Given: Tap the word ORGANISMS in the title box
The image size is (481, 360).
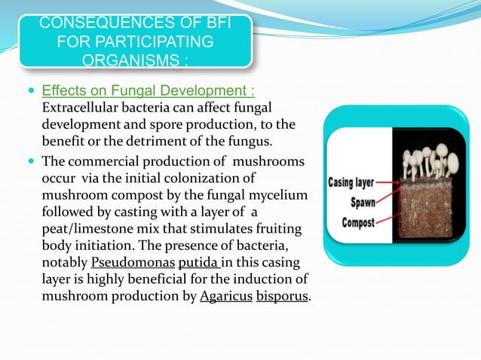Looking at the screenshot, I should point(136,59).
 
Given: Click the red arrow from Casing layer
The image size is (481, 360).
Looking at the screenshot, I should point(392,182).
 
